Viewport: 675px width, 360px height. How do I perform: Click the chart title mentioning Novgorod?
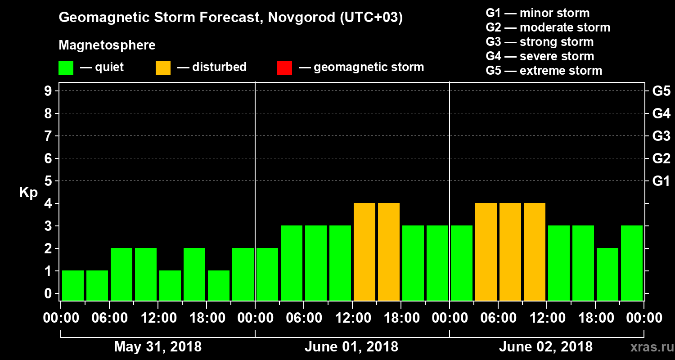(x=230, y=18)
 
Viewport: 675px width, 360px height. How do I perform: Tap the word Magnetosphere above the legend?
(x=107, y=45)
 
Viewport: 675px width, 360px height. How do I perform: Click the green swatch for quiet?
(x=66, y=68)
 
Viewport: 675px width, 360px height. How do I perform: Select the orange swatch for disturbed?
(x=163, y=68)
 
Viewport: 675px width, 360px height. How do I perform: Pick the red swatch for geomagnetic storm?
(x=284, y=68)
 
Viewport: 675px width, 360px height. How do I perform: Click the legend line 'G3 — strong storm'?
(x=540, y=42)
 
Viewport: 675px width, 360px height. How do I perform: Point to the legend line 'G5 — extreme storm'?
(x=544, y=71)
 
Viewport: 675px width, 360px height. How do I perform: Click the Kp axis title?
(x=28, y=193)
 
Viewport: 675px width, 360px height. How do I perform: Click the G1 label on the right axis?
(x=661, y=181)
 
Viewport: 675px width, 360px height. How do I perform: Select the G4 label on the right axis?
(x=661, y=113)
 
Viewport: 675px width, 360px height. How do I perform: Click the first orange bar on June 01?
(x=364, y=252)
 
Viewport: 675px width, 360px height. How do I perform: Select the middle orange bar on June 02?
(x=510, y=252)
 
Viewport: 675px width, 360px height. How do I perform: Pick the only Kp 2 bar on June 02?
(x=607, y=274)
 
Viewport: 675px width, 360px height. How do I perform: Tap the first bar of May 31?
(x=73, y=285)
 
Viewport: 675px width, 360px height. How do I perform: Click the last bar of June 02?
(x=632, y=263)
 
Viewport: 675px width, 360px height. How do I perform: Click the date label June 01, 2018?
(x=351, y=347)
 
